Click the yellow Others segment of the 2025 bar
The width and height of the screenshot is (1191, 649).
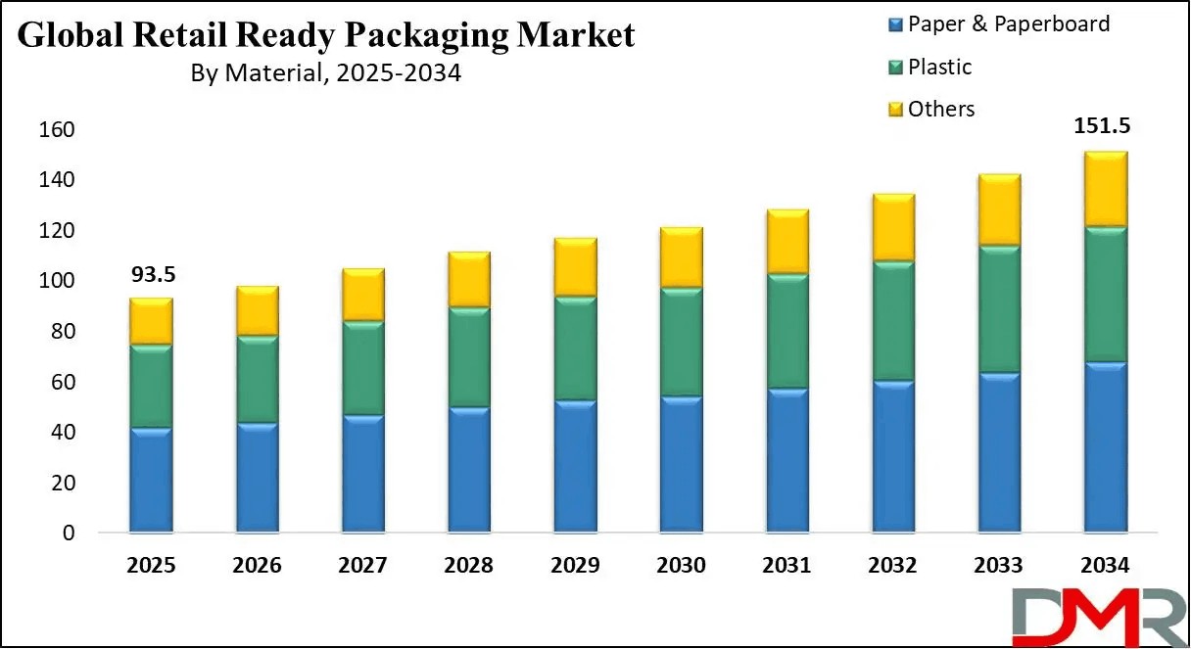click(151, 321)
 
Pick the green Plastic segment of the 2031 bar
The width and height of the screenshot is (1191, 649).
click(787, 332)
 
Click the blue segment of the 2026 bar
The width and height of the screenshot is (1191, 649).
click(257, 478)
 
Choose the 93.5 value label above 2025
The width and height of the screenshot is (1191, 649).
click(151, 276)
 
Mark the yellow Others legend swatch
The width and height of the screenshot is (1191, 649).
click(895, 110)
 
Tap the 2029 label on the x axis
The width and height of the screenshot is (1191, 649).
click(575, 566)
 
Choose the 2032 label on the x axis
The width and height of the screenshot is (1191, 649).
click(893, 566)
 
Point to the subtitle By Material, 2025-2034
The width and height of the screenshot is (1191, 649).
click(325, 73)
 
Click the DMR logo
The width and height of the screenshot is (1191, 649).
click(1083, 614)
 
